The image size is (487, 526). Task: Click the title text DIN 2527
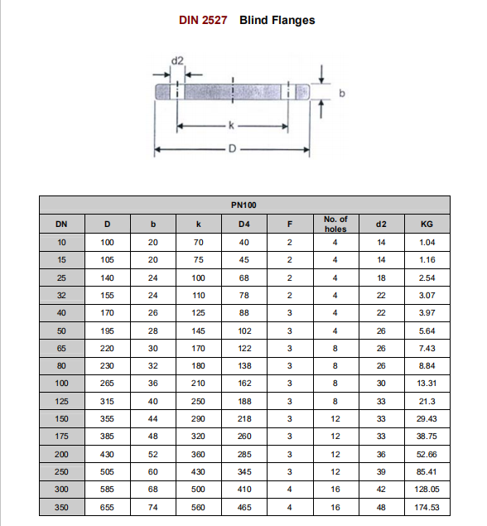pyautogui.click(x=203, y=20)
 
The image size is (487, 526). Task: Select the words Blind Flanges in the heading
pyautogui.click(x=277, y=20)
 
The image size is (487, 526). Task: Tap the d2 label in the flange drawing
pyautogui.click(x=176, y=61)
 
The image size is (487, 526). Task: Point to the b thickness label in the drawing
pyautogui.click(x=341, y=93)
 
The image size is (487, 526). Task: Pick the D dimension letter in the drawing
pyautogui.click(x=233, y=149)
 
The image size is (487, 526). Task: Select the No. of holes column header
pyautogui.click(x=335, y=224)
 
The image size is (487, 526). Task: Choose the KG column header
pyautogui.click(x=427, y=224)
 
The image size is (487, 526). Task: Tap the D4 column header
pyautogui.click(x=243, y=224)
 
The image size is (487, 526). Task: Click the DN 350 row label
pyautogui.click(x=61, y=507)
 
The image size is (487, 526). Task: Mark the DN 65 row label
pyautogui.click(x=61, y=348)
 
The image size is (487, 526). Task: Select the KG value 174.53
pyautogui.click(x=427, y=507)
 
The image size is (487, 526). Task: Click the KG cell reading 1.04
pyautogui.click(x=427, y=242)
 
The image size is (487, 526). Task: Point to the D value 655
pyautogui.click(x=107, y=507)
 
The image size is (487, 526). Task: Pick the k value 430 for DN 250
pyautogui.click(x=198, y=472)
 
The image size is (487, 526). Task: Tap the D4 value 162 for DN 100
pyautogui.click(x=243, y=384)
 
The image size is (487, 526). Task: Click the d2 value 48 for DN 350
pyautogui.click(x=381, y=507)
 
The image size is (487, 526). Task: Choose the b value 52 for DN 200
pyautogui.click(x=152, y=454)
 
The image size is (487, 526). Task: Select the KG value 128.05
pyautogui.click(x=427, y=490)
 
